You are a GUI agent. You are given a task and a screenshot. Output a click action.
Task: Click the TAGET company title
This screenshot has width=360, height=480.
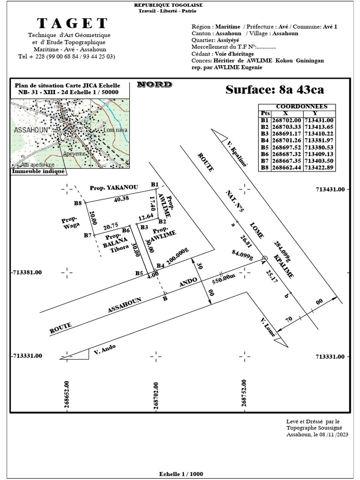72,23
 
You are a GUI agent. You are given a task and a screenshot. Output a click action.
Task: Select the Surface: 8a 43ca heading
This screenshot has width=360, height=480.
274,89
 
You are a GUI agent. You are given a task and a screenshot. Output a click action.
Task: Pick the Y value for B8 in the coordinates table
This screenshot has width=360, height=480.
318,167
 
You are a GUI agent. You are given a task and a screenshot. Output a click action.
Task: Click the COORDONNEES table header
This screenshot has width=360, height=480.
295,107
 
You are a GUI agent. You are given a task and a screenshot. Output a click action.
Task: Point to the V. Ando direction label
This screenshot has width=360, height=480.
105,349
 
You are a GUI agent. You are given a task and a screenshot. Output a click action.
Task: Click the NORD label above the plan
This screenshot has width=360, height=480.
154,85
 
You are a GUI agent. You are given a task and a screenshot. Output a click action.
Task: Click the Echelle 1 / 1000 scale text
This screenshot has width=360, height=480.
181,474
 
